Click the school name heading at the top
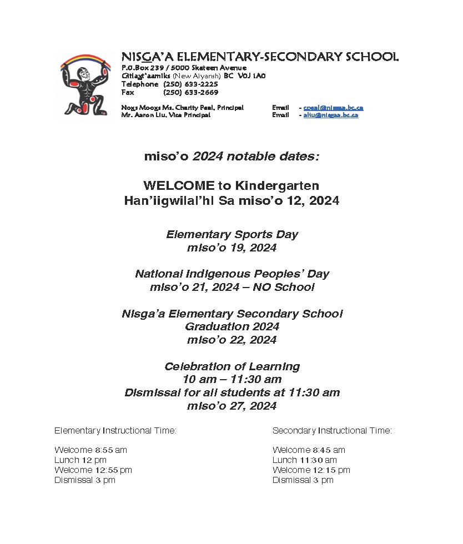point(260,57)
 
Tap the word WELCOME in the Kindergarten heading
point(170,185)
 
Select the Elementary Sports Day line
point(231,234)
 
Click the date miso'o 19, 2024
point(231,248)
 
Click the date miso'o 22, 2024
point(231,340)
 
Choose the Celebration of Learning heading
point(231,366)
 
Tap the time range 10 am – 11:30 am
point(231,380)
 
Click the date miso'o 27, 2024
point(231,406)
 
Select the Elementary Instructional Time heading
point(115,431)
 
